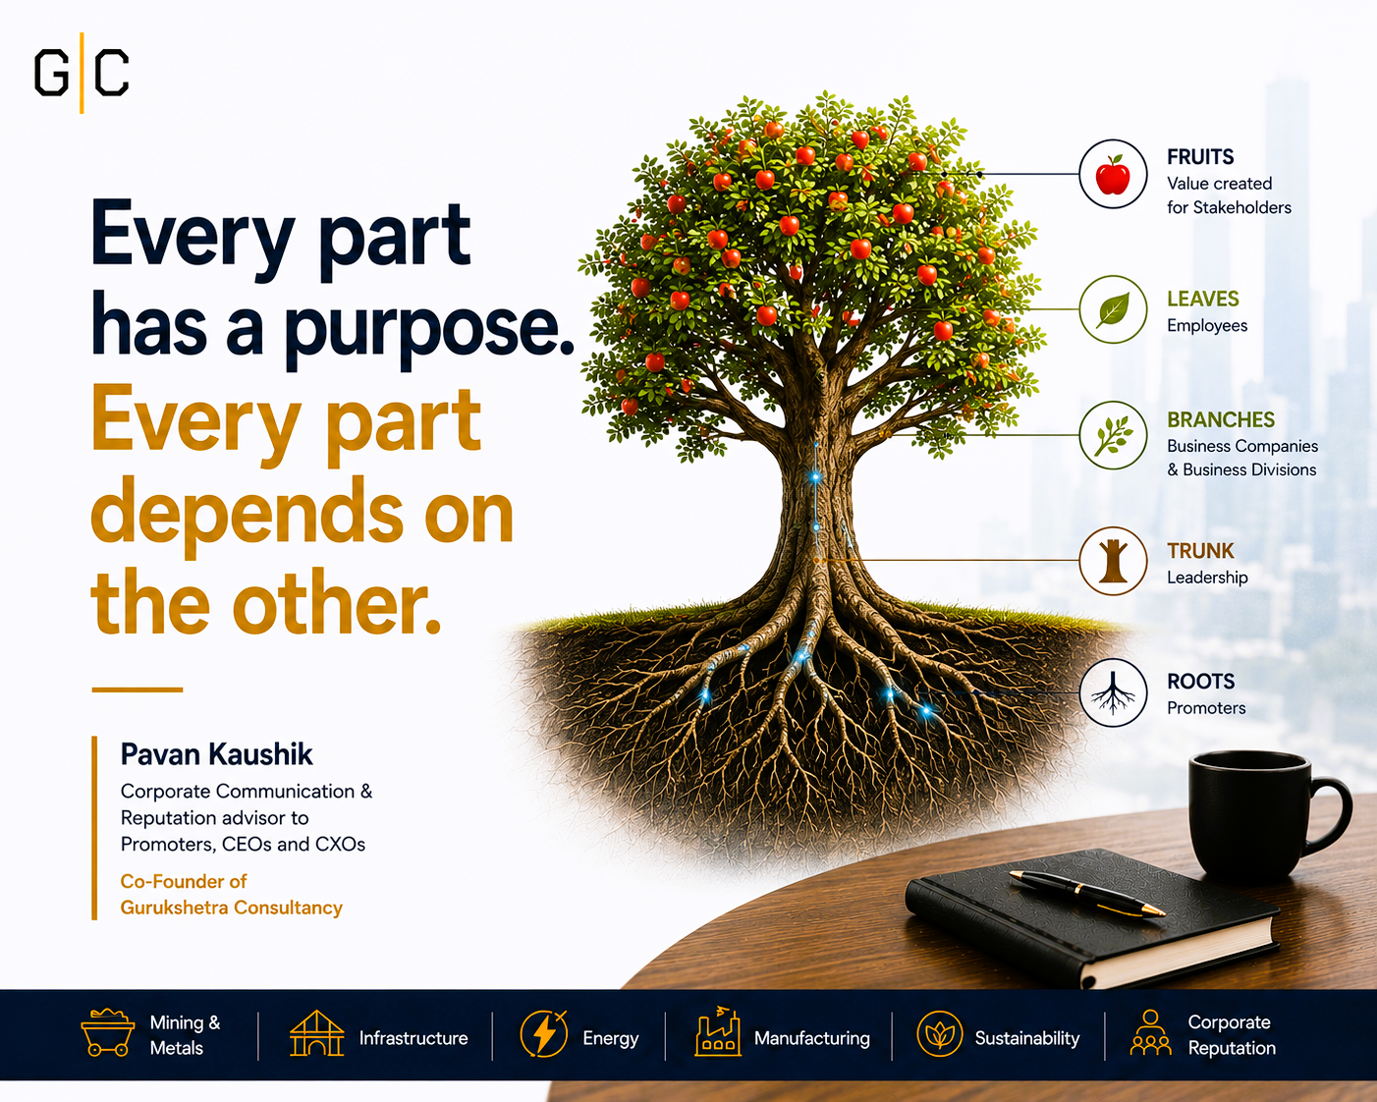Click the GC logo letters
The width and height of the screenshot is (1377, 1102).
click(x=82, y=73)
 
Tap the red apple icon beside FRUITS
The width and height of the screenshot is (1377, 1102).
click(x=1113, y=175)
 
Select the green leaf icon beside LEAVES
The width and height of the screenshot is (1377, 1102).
click(x=1114, y=309)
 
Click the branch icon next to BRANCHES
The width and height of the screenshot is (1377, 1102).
click(x=1114, y=435)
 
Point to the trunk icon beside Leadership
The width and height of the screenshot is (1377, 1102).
click(x=1114, y=561)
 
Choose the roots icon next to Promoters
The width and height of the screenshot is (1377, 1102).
click(x=1114, y=692)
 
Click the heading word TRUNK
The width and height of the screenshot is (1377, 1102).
click(x=1200, y=551)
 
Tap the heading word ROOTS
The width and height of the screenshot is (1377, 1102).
click(x=1201, y=682)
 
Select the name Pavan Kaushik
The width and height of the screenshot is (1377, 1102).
click(x=216, y=754)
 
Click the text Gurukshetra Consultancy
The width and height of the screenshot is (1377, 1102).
click(x=232, y=908)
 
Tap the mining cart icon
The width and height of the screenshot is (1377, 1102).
click(x=107, y=1032)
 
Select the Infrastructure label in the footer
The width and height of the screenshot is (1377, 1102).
click(x=413, y=1038)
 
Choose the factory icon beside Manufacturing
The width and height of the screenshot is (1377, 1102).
click(x=718, y=1031)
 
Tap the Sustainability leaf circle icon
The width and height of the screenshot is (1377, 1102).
click(x=939, y=1033)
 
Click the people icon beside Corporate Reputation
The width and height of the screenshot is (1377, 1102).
click(x=1150, y=1032)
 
